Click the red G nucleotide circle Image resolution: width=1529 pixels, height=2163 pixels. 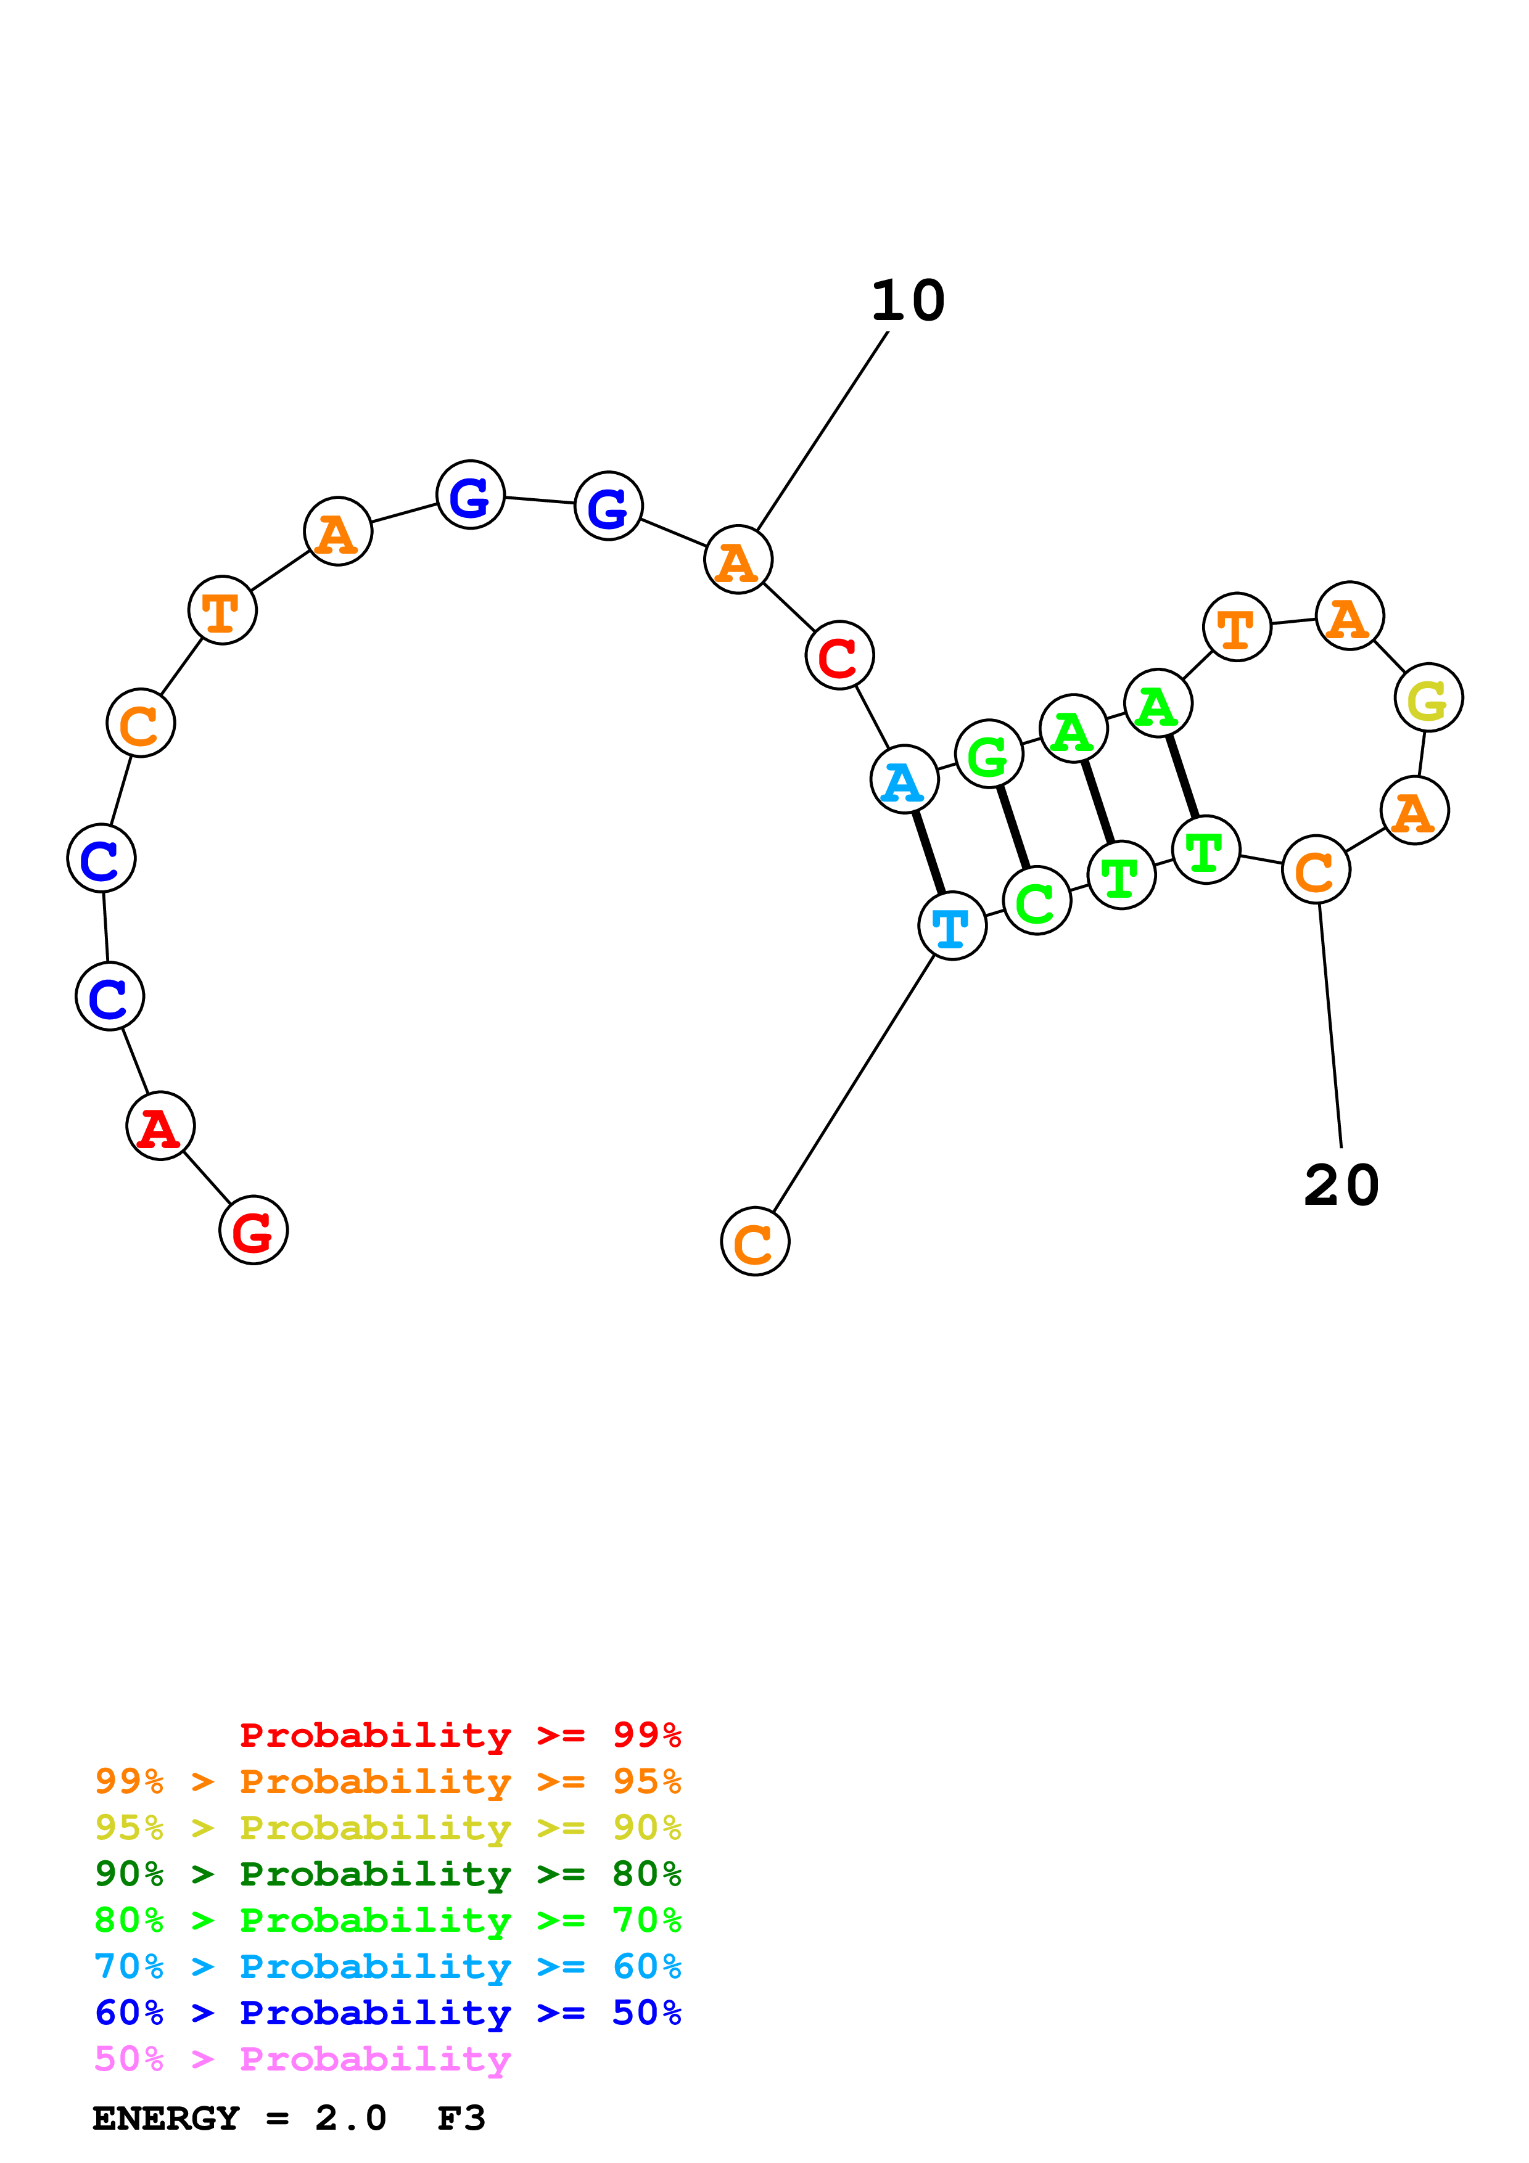(x=253, y=1229)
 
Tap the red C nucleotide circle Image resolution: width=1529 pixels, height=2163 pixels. (x=839, y=655)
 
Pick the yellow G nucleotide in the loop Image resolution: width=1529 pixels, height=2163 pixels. (x=1428, y=697)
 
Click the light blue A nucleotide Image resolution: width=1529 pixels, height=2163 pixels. (x=904, y=779)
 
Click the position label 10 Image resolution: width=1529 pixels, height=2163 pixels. (x=907, y=302)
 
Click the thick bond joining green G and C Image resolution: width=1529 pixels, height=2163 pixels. (x=1013, y=827)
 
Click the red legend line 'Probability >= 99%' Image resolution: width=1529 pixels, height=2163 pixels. (x=460, y=1734)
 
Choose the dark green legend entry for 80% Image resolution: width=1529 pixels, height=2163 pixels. (x=387, y=1874)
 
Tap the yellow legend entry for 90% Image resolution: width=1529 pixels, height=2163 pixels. (x=387, y=1828)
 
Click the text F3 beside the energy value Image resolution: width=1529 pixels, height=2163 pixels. (x=461, y=2118)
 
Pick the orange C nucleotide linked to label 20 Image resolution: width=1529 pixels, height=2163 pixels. (x=1316, y=869)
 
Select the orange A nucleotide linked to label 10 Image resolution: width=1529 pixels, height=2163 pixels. (x=738, y=560)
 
